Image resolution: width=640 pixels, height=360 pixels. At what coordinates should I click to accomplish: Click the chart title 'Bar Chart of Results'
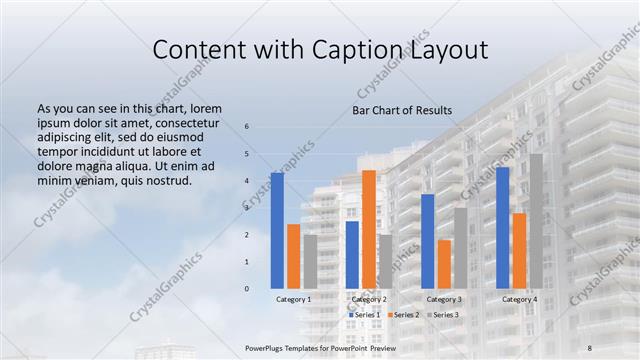(401, 110)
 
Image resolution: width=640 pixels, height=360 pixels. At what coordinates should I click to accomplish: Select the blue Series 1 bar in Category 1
(277, 230)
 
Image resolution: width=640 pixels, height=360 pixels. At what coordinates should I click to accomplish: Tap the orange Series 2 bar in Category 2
(369, 229)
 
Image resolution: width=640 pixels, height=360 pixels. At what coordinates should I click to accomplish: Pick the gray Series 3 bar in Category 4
(536, 221)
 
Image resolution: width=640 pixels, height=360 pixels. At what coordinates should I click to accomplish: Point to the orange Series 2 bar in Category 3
(444, 264)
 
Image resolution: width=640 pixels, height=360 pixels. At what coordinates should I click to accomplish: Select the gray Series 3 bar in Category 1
(310, 261)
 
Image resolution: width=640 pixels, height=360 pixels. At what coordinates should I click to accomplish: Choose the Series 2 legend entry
(402, 315)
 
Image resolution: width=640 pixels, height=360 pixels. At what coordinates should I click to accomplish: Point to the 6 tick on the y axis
(247, 127)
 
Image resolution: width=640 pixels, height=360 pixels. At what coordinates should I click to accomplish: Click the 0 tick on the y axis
(247, 289)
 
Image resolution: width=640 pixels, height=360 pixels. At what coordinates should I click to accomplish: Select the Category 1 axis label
(293, 299)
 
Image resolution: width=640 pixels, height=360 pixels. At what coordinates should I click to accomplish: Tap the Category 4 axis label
(519, 299)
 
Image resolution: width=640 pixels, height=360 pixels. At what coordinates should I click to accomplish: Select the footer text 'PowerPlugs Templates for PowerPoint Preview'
(320, 346)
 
